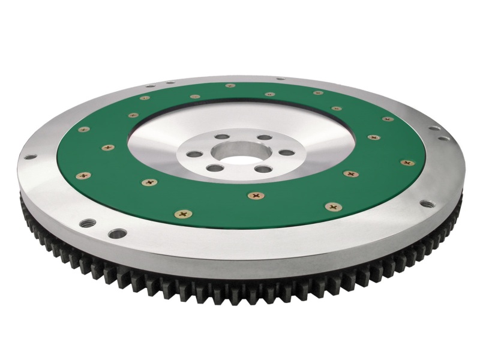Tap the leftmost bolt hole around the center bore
click(x=198, y=149)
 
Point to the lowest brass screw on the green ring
click(x=182, y=212)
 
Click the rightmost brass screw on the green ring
click(x=407, y=162)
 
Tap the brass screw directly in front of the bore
click(x=256, y=194)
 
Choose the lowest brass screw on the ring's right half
click(x=330, y=206)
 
